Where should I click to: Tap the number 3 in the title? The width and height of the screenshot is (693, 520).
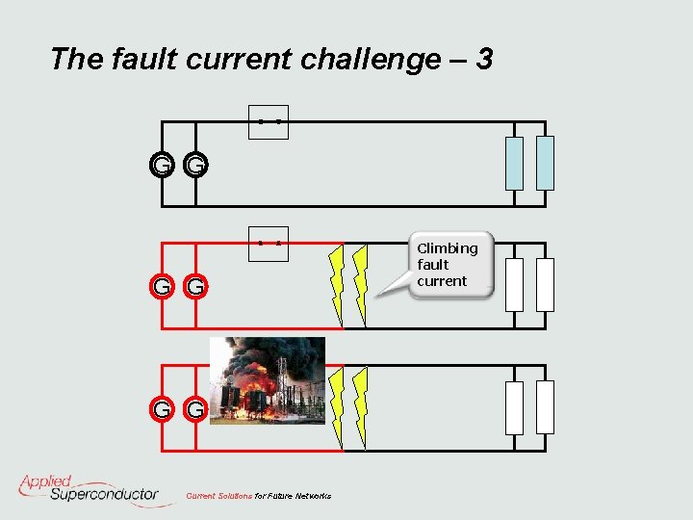[484, 60]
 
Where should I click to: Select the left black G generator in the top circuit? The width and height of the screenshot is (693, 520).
[162, 166]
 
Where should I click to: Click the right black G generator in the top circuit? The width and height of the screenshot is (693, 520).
[195, 166]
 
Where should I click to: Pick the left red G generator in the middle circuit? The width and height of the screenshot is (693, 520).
[162, 286]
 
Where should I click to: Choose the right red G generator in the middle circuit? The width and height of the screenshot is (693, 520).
[195, 286]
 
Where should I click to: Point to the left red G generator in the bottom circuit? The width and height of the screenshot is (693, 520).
[162, 410]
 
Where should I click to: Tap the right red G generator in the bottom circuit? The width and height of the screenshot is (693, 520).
[195, 410]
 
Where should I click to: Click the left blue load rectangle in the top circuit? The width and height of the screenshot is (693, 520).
[515, 163]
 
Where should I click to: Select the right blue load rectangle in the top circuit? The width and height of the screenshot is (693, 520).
[545, 163]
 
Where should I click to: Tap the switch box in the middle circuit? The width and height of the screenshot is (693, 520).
[269, 243]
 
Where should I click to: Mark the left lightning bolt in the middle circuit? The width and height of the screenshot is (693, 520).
[336, 285]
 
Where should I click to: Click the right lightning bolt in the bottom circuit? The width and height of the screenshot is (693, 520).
[361, 408]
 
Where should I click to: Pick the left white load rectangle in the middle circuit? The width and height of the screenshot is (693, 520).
[515, 284]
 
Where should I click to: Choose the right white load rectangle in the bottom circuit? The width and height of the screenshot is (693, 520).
[545, 407]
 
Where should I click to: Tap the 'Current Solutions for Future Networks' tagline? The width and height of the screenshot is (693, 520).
[258, 496]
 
